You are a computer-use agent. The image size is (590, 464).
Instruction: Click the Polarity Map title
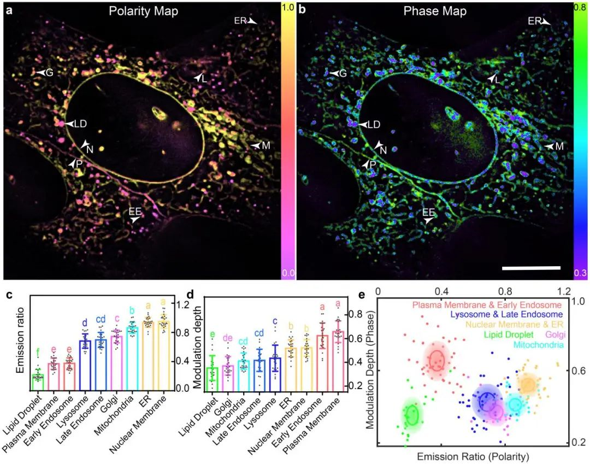click(144, 11)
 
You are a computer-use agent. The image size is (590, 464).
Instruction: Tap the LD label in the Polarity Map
click(80, 124)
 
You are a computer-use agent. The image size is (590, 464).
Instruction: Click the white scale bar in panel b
click(531, 268)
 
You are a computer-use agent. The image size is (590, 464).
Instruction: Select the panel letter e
click(362, 296)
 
